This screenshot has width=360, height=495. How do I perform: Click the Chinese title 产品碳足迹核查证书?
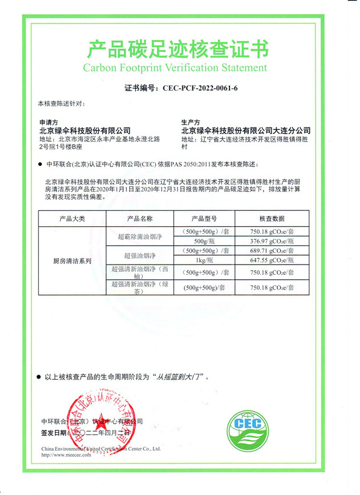coord(178,49)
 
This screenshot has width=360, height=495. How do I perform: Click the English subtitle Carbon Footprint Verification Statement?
coord(175,67)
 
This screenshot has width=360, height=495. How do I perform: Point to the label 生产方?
coord(191,122)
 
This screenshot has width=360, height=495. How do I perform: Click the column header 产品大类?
coord(72,219)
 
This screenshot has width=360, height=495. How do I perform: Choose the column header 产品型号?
coord(205,219)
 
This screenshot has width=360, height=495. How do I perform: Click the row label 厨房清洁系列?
coord(73,260)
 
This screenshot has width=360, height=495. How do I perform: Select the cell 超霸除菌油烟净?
coord(140,236)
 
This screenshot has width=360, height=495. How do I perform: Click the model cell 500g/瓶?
coord(205,241)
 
